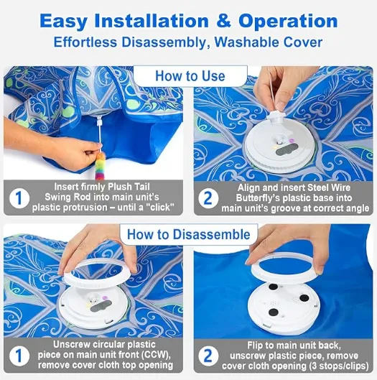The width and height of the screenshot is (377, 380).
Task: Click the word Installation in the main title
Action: pos(152,21)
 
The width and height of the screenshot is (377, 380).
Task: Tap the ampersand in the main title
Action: pos(223,21)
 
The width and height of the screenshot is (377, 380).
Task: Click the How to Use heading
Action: pos(190,76)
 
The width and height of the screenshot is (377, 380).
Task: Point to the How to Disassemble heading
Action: pos(189,234)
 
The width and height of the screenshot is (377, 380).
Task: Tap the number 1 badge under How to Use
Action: pos(19,198)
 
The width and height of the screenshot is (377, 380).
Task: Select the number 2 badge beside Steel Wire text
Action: pos(208,198)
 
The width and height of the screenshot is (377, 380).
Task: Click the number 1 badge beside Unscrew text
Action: pos(19,356)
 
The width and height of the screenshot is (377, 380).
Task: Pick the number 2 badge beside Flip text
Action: pos(208,356)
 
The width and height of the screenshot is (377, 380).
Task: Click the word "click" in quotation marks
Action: pos(160,208)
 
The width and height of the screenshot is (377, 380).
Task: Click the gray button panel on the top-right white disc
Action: pos(287,149)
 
